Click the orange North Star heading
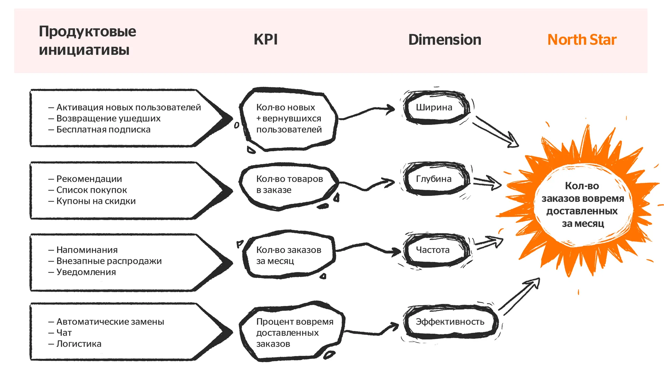(x=582, y=40)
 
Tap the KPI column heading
(x=266, y=39)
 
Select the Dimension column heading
(x=444, y=40)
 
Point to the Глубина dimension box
(x=436, y=179)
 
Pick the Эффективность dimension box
(x=450, y=322)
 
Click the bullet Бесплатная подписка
(x=103, y=129)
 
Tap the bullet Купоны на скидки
(x=96, y=201)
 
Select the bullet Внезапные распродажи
(x=109, y=261)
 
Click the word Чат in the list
(x=64, y=333)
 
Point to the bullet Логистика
(x=79, y=344)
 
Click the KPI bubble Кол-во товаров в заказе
(x=289, y=185)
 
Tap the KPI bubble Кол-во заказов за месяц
(x=288, y=255)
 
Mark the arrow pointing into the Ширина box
(x=367, y=112)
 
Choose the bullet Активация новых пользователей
(x=128, y=107)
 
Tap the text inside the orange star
(x=583, y=205)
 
